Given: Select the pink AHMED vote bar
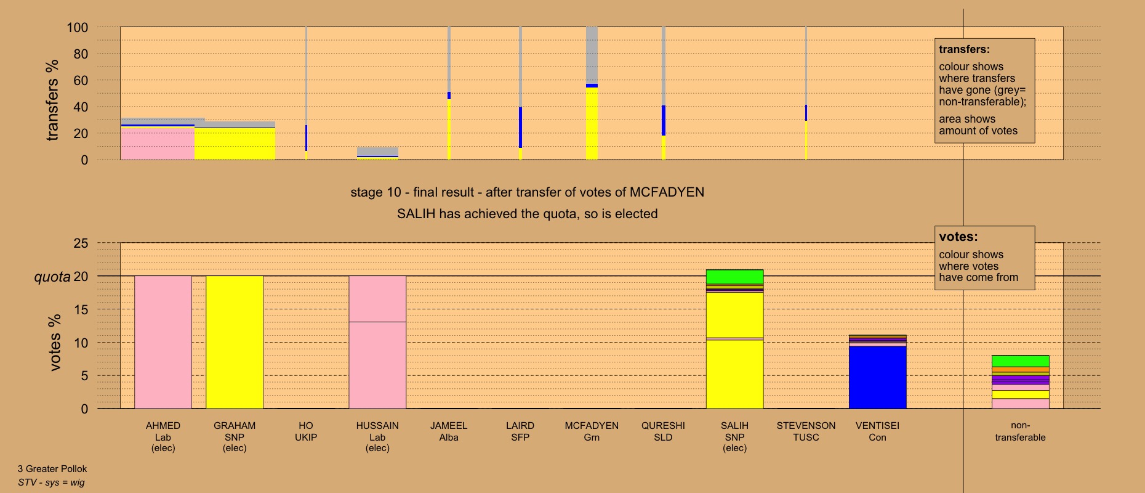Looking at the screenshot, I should coord(163,342).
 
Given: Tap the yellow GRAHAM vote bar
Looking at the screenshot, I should coord(235,342).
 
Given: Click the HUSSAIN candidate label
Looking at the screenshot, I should coord(377,436).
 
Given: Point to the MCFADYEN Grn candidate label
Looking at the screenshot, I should coord(592,431).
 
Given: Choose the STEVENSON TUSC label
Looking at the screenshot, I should coord(806,431).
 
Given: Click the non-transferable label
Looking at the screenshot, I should coord(1020,431).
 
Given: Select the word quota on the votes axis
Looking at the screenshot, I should coord(52,277).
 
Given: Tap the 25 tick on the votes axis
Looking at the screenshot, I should coord(81,243).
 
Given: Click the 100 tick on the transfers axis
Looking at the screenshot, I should coord(78,28).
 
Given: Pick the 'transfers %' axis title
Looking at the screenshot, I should coord(52,100).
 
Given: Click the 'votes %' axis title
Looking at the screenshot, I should coord(55,342).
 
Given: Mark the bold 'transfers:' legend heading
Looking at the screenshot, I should coord(964,49).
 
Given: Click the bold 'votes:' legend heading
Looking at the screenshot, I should coord(958,237).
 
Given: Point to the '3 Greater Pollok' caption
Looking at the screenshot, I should coord(52,469).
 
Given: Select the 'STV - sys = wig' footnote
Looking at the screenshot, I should coord(51,483).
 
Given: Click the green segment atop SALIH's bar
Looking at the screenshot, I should coord(734,277).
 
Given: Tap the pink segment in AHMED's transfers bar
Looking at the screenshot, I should coord(157,143).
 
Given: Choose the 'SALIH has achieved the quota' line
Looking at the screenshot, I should coord(527,214).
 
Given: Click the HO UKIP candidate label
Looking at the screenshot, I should coord(306,431).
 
